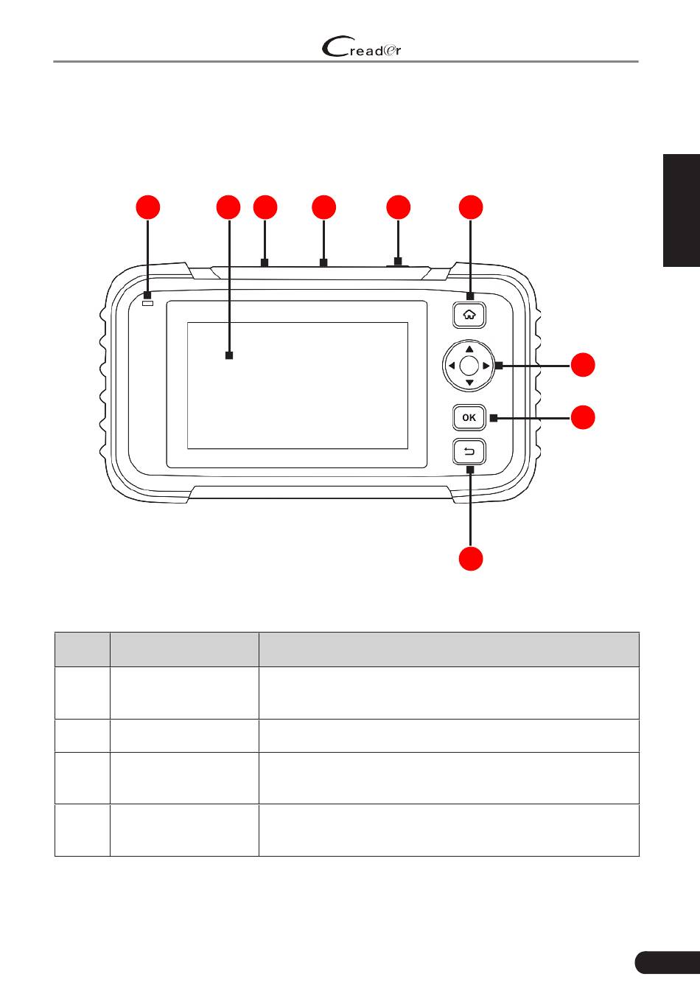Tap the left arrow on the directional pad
[x=451, y=365]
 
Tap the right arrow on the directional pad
[x=486, y=365]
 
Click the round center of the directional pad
[x=469, y=365]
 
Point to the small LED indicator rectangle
[x=148, y=303]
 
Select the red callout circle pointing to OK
[x=584, y=417]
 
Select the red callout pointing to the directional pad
[x=584, y=365]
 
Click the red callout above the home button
[x=472, y=207]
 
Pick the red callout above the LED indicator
[x=148, y=207]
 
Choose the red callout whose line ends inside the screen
[x=228, y=207]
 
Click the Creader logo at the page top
[x=362, y=49]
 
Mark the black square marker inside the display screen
[x=228, y=355]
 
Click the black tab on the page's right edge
[x=682, y=210]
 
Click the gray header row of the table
[x=346, y=650]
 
